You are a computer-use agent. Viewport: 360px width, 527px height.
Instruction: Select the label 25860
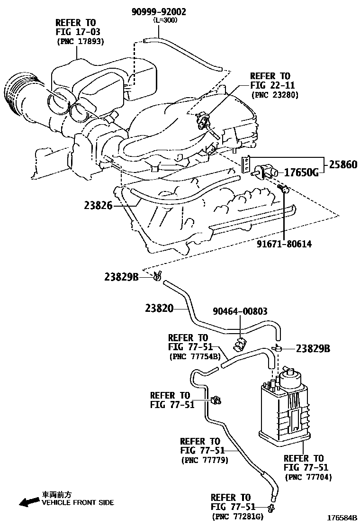(x=341, y=165)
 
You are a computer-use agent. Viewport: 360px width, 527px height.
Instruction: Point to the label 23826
(x=98, y=206)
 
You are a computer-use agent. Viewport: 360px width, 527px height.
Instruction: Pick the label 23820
(x=159, y=309)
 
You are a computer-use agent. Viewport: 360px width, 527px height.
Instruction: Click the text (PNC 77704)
(x=308, y=477)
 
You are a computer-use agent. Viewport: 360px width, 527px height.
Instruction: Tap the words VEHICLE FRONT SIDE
(x=78, y=503)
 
